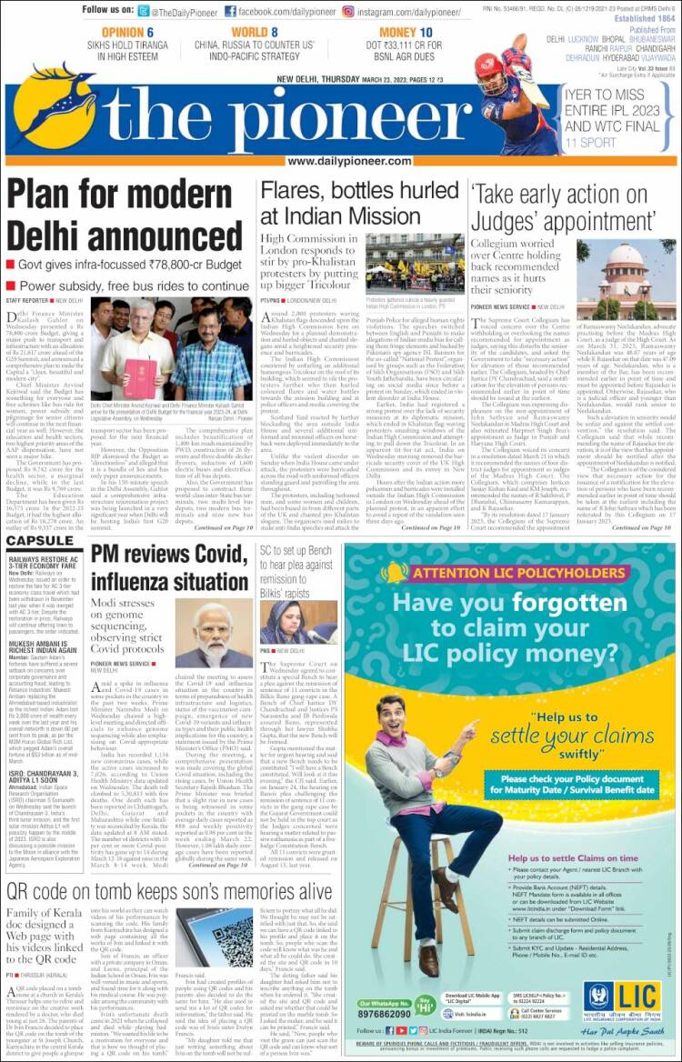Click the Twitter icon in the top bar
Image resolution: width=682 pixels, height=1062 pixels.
tap(144, 11)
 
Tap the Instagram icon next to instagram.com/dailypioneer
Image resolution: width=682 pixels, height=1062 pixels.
tap(347, 11)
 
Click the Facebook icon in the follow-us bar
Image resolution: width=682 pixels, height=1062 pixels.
tap(231, 11)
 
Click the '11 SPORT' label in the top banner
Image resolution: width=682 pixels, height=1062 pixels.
tap(590, 142)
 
